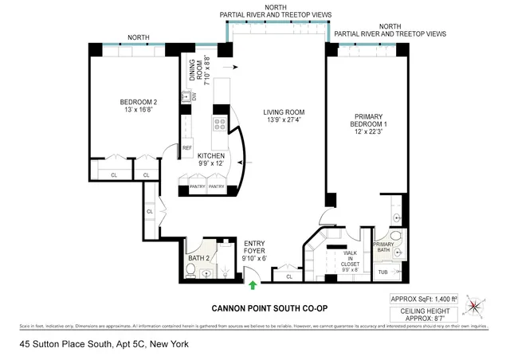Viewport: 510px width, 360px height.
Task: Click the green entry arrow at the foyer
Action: (253, 284)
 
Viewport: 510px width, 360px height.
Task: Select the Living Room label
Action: (284, 116)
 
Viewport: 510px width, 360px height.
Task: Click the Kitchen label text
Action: (200, 160)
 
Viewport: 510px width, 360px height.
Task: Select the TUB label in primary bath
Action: (382, 272)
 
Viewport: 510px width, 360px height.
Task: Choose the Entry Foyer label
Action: (255, 251)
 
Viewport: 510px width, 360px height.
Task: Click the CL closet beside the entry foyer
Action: (288, 276)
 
